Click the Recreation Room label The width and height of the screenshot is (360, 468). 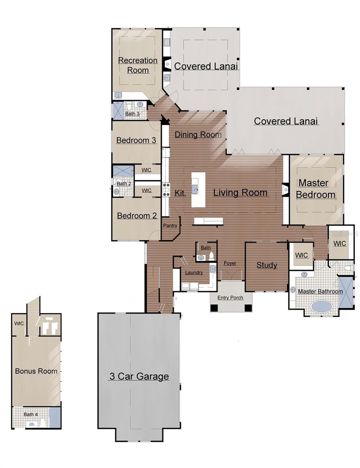(138, 65)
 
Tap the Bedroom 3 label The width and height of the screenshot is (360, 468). (136, 140)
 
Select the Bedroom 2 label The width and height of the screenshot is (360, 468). (137, 216)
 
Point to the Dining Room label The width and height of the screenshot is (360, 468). (198, 135)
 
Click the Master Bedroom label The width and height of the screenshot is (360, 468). (316, 189)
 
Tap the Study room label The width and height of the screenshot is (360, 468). (266, 265)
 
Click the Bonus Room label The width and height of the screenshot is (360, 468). (36, 371)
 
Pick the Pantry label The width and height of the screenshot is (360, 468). (170, 225)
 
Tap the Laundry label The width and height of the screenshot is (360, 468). (194, 273)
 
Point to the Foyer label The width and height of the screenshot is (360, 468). (230, 263)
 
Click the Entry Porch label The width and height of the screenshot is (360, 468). (230, 298)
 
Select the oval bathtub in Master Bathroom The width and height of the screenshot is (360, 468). (321, 306)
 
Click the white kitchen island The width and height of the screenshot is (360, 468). (198, 190)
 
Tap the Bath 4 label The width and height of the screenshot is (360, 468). (30, 414)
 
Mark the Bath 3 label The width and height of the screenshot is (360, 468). (132, 113)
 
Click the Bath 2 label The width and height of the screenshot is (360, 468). (124, 184)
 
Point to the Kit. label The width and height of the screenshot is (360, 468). (180, 193)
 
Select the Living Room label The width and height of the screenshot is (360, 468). (240, 192)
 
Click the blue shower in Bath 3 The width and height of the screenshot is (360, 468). (118, 111)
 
